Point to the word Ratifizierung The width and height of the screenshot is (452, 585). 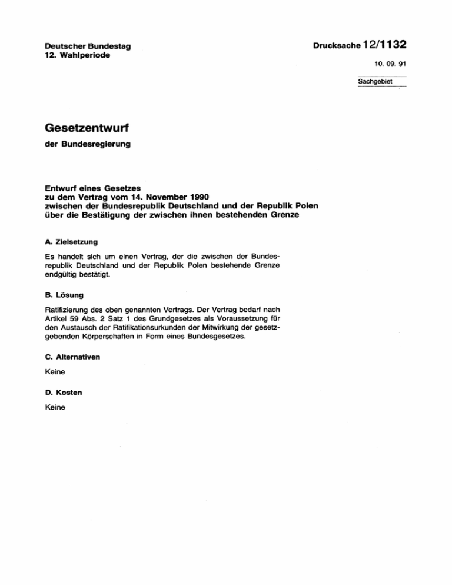68,308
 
